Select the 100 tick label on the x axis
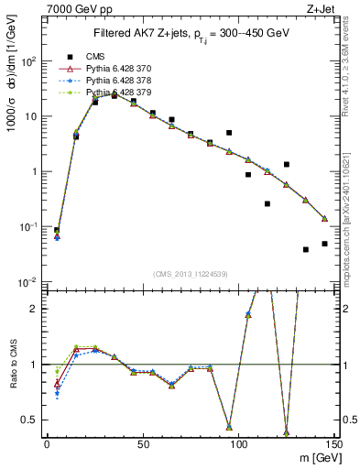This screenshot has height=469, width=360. (x=238, y=443)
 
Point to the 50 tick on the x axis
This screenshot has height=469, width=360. (x=143, y=443)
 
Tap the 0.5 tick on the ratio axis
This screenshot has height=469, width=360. (x=32, y=420)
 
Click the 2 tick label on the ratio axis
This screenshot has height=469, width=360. (x=37, y=309)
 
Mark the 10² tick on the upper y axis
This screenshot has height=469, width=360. (x=29, y=61)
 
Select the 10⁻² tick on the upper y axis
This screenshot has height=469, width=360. (x=29, y=281)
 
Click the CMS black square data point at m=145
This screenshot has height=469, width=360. (x=324, y=244)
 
